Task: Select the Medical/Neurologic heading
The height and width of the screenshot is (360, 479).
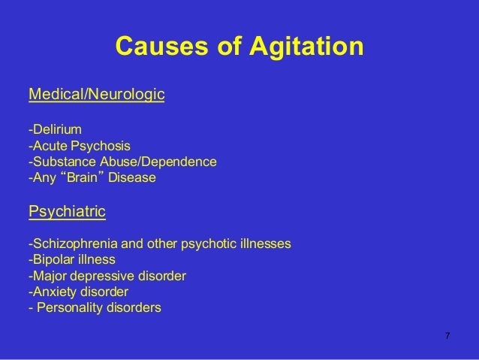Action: pyautogui.click(x=96, y=95)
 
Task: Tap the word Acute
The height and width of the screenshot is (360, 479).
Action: pyautogui.click(x=47, y=146)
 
